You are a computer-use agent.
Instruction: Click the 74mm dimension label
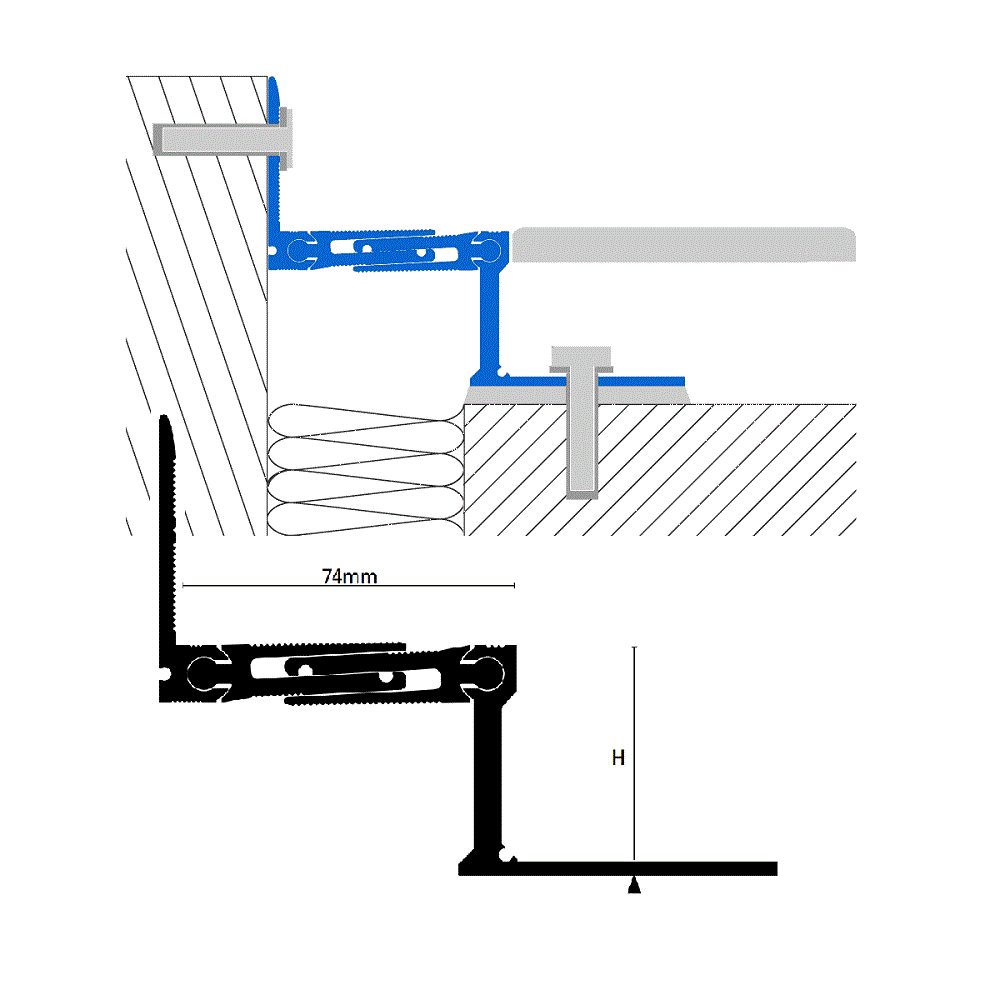point(349,577)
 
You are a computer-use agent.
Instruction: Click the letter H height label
point(618,758)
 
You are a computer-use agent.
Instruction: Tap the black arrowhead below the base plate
point(634,885)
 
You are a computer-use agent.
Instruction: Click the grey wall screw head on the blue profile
point(286,139)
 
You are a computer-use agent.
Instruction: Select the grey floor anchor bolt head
point(581,359)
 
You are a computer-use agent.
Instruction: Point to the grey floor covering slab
point(683,244)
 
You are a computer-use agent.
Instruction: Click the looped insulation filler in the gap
point(366,469)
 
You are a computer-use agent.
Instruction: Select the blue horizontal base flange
point(577,382)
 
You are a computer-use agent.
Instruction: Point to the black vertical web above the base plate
point(488,777)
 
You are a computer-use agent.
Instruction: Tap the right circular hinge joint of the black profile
point(488,673)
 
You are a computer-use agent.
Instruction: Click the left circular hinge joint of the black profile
point(203,673)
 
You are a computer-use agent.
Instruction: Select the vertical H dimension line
point(634,753)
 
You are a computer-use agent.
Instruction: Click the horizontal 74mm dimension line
point(348,585)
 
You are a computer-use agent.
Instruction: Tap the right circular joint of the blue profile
point(490,249)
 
